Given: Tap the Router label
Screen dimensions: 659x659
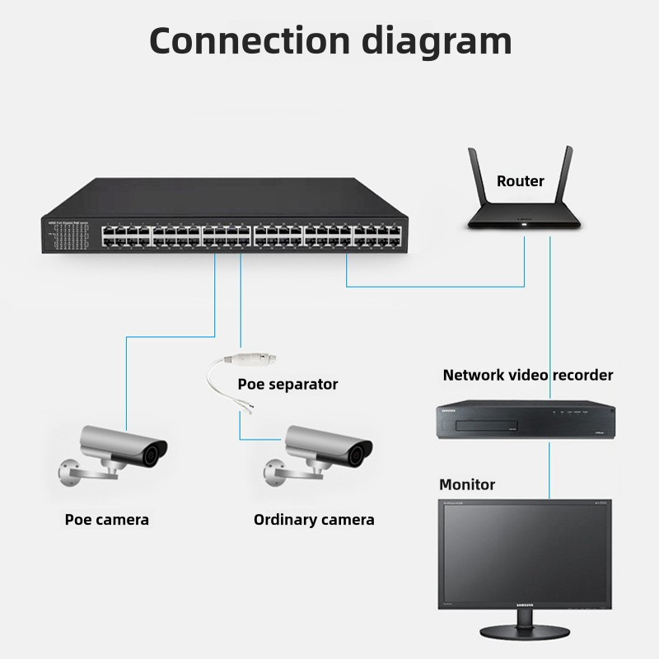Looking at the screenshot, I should coord(520,181).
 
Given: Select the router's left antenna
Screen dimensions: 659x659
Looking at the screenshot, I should coord(477,177).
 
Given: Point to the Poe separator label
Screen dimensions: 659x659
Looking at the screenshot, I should coord(287,384).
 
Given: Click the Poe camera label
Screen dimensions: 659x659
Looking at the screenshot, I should coord(107,519).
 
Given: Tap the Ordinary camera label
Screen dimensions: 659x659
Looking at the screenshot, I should coord(314,519).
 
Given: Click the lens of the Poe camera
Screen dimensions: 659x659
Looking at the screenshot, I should coord(154,451).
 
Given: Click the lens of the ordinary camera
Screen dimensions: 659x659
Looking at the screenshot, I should coord(360,451).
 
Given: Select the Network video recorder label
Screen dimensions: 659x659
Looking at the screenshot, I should coord(528,375).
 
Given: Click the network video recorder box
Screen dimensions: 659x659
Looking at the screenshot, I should coord(526,419).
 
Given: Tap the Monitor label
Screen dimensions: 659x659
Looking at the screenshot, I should coord(467,484).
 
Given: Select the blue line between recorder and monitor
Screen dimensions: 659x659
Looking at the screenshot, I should coord(549,469).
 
